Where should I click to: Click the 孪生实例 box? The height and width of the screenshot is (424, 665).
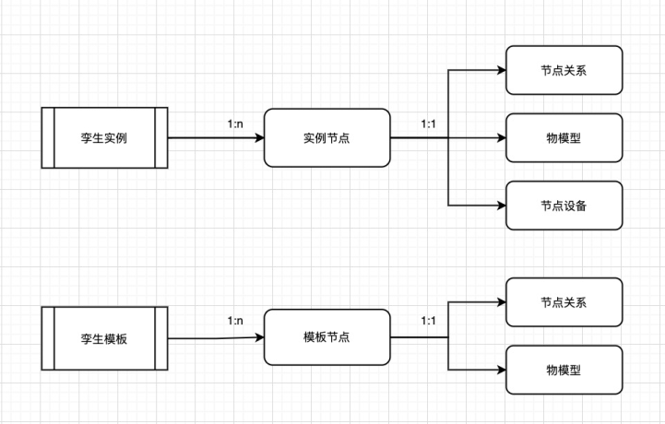(x=104, y=137)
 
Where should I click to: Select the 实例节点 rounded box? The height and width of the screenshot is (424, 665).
(x=327, y=137)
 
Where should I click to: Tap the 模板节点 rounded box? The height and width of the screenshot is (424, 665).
(x=327, y=337)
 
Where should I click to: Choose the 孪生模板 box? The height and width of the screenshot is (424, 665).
(x=104, y=337)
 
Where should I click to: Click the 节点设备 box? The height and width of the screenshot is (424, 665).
(x=564, y=205)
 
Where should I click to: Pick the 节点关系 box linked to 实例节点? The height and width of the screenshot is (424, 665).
(x=564, y=70)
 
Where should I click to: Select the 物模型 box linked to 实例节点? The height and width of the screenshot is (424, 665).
(x=564, y=137)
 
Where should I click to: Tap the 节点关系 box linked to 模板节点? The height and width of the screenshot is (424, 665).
(x=564, y=302)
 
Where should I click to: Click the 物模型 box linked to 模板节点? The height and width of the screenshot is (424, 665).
(x=564, y=370)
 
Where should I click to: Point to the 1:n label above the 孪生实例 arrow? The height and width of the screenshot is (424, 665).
(x=236, y=123)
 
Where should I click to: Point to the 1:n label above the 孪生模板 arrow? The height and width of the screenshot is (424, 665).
(x=236, y=322)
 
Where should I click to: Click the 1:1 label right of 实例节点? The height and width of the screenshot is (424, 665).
(x=429, y=123)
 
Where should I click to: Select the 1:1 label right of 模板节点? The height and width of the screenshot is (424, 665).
(x=429, y=322)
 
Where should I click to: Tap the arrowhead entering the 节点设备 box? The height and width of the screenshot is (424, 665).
(x=501, y=205)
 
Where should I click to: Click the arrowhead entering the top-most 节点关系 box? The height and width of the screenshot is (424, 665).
(x=501, y=70)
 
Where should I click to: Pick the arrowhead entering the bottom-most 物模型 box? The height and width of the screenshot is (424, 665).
(x=501, y=370)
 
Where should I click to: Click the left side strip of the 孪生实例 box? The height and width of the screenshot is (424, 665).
(x=48, y=137)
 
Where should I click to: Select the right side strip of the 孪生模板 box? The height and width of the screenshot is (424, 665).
(x=160, y=337)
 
